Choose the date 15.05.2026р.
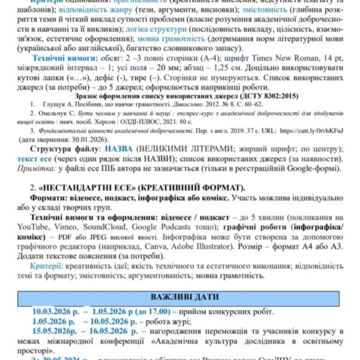pyautogui.click(x=56, y=331)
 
